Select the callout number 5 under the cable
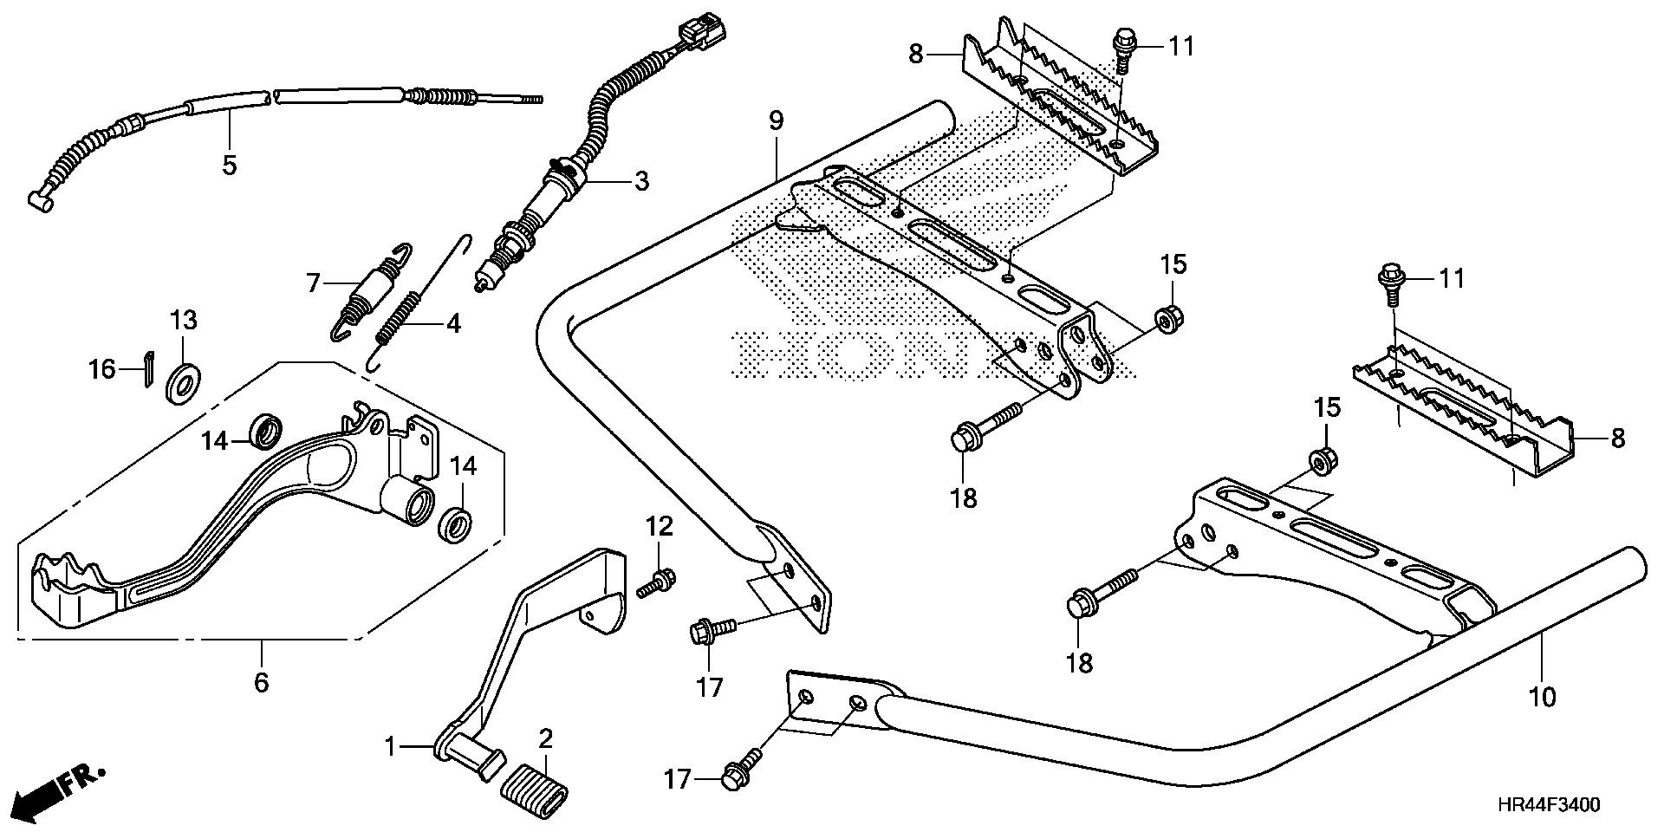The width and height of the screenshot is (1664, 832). pyautogui.click(x=229, y=165)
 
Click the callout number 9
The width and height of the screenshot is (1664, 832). pyautogui.click(x=775, y=121)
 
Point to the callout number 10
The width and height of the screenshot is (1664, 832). pyautogui.click(x=1543, y=696)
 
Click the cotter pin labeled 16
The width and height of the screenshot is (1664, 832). pyautogui.click(x=148, y=369)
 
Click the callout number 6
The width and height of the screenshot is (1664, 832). pyautogui.click(x=261, y=682)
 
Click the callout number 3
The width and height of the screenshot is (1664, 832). pyautogui.click(x=640, y=181)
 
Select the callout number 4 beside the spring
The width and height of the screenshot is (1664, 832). pyautogui.click(x=453, y=324)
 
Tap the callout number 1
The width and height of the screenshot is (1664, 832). pyautogui.click(x=391, y=746)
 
